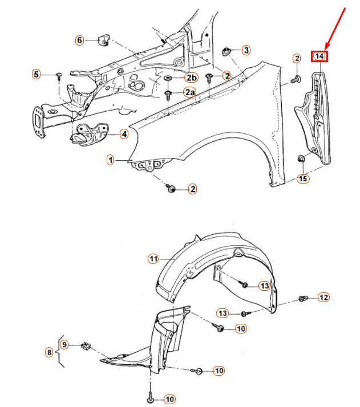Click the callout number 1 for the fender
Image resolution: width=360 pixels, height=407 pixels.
click(110, 160)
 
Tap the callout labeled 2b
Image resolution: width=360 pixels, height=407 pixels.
click(191, 78)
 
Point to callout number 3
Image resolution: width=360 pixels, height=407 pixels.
click(246, 50)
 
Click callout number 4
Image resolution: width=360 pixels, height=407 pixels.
click(123, 134)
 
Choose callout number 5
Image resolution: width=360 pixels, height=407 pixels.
click(36, 74)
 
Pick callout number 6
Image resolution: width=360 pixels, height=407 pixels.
click(79, 40)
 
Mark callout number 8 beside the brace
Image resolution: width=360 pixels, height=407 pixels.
click(49, 353)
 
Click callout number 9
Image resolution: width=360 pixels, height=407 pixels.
click(64, 344)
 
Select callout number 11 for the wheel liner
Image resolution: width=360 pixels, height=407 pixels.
click(153, 259)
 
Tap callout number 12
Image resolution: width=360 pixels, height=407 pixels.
click(323, 297)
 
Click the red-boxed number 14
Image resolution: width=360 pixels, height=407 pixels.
click(319, 56)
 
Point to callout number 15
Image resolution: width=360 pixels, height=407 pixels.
click(303, 178)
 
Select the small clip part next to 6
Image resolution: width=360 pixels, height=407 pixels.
click(104, 39)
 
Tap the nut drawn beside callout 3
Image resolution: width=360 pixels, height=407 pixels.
click(226, 51)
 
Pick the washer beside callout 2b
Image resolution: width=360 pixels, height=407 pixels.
click(169, 78)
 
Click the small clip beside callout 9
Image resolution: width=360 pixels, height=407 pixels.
click(86, 345)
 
